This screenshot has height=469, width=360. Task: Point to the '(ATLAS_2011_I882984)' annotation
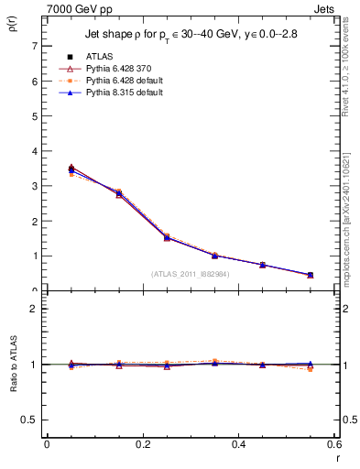click(190, 274)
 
